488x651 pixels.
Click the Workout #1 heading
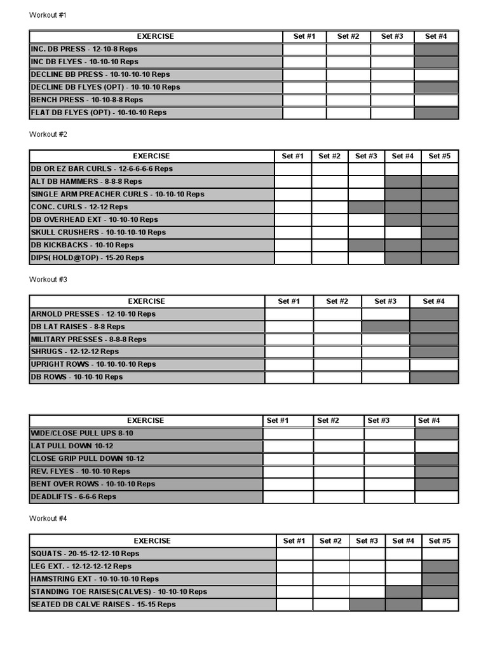tap(48, 15)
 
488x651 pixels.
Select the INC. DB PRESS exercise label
tap(84, 49)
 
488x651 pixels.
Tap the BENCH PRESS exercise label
tap(86, 100)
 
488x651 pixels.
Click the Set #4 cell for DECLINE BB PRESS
tap(436, 74)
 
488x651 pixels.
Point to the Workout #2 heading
tap(48, 134)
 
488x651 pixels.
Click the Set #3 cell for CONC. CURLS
tap(366, 207)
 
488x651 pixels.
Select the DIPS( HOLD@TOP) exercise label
tap(87, 257)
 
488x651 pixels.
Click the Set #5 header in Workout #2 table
tap(440, 156)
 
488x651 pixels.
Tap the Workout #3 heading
tap(48, 279)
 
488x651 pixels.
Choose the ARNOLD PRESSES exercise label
tap(93, 313)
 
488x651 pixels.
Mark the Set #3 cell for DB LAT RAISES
tap(386, 326)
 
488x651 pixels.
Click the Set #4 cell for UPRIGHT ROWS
tap(434, 364)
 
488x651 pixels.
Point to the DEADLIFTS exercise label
tap(73, 497)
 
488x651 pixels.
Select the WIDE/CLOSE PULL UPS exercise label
tap(82, 433)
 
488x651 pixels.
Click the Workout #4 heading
tap(48, 518)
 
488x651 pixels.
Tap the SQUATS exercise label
tap(85, 553)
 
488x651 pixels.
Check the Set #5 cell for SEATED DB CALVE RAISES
tap(440, 604)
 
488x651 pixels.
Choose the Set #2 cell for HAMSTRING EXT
tap(330, 579)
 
